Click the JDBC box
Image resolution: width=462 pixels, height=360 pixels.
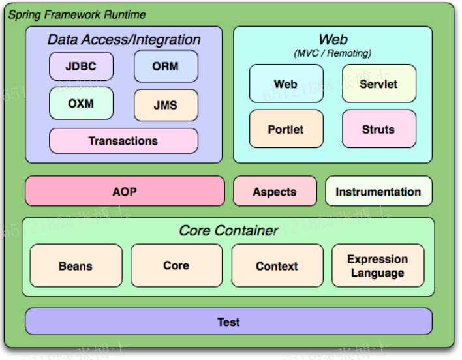pyautogui.click(x=81, y=66)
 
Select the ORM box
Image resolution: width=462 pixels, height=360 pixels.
pyautogui.click(x=166, y=66)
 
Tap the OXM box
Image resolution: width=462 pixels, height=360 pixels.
pyautogui.click(x=81, y=103)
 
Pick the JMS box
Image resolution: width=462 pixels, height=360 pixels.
pyautogui.click(x=166, y=105)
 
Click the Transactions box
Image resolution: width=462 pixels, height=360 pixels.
pyautogui.click(x=123, y=141)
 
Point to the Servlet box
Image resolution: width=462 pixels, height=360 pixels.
pyautogui.click(x=378, y=84)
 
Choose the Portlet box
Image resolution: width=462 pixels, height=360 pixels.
pyautogui.click(x=286, y=129)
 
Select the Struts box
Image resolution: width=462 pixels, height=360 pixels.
pyautogui.click(x=378, y=129)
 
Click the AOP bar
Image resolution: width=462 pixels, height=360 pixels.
pyautogui.click(x=124, y=192)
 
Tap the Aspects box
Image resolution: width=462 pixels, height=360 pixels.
pyautogui.click(x=275, y=192)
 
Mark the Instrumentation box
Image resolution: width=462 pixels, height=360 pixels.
pyautogui.click(x=378, y=192)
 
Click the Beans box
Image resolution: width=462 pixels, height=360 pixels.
pyautogui.click(x=76, y=266)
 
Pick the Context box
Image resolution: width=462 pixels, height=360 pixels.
pyautogui.click(x=277, y=266)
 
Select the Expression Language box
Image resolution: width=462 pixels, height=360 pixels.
pyautogui.click(x=378, y=266)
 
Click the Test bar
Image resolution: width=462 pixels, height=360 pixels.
pyautogui.click(x=228, y=322)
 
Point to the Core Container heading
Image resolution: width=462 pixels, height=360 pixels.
pyautogui.click(x=228, y=230)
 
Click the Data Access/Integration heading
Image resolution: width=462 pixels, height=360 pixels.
pyautogui.click(x=124, y=40)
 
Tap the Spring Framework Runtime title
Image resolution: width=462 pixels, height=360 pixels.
pyautogui.click(x=77, y=14)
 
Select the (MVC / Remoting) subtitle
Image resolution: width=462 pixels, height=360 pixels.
pyautogui.click(x=333, y=53)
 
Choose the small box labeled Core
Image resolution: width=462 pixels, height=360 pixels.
pyautogui.click(x=176, y=266)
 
